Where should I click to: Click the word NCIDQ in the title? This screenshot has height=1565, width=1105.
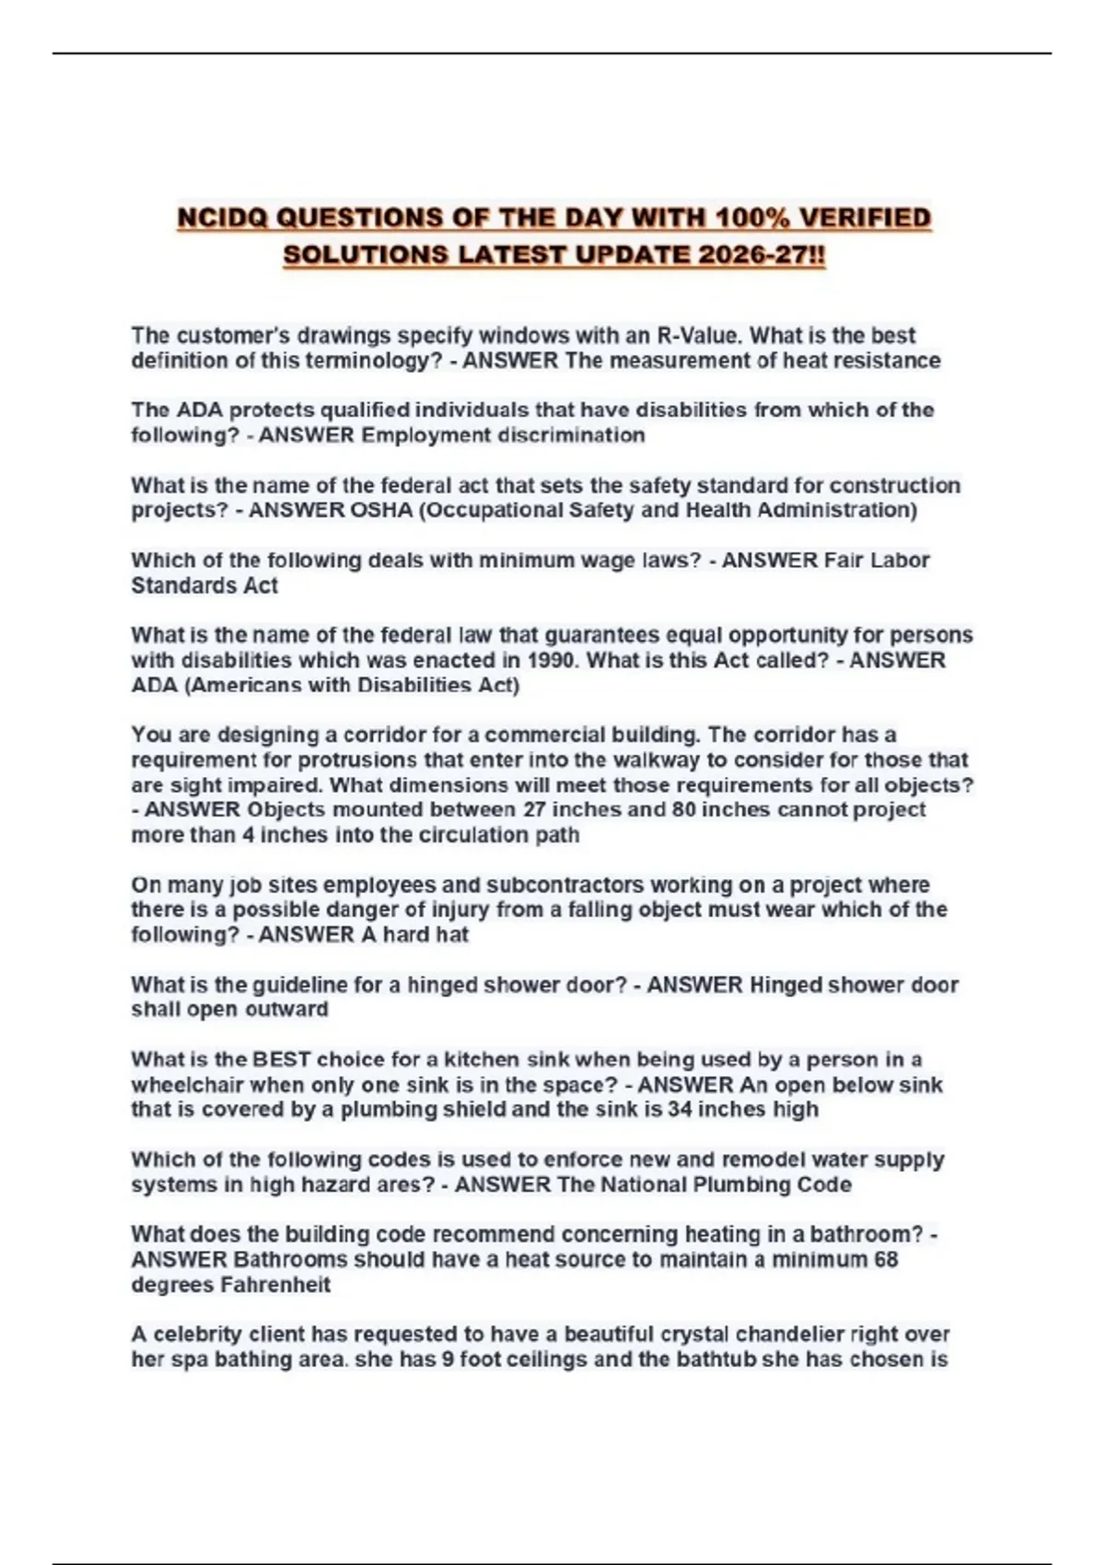coord(222,218)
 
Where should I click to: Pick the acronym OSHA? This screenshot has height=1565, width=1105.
coord(381,510)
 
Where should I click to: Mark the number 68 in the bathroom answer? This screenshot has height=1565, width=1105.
coord(885,1259)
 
